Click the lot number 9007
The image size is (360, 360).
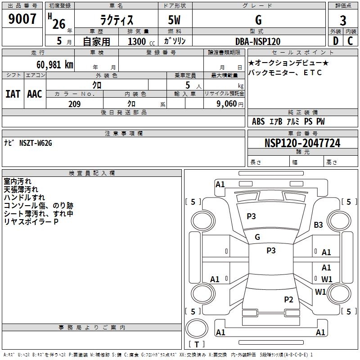click(x=22, y=19)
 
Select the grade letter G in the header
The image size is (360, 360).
click(x=258, y=20)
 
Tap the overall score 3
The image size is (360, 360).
click(x=343, y=20)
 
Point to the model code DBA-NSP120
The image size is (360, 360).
click(x=258, y=41)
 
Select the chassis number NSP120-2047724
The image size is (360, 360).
click(x=302, y=143)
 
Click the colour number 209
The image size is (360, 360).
click(x=74, y=104)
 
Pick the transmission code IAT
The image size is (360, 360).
click(x=13, y=94)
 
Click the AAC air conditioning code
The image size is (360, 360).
click(x=34, y=94)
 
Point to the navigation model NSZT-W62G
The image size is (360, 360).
click(x=36, y=143)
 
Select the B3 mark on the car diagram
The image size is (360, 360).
click(x=319, y=225)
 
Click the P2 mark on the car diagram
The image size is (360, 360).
click(x=288, y=299)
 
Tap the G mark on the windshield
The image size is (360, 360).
click(x=257, y=237)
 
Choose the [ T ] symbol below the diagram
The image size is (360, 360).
click(x=196, y=344)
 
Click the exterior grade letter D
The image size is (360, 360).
click(x=335, y=41)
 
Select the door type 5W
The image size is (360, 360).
click(x=175, y=20)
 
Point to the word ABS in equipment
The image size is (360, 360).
click(x=258, y=121)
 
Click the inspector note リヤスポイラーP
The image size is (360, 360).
click(x=31, y=221)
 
